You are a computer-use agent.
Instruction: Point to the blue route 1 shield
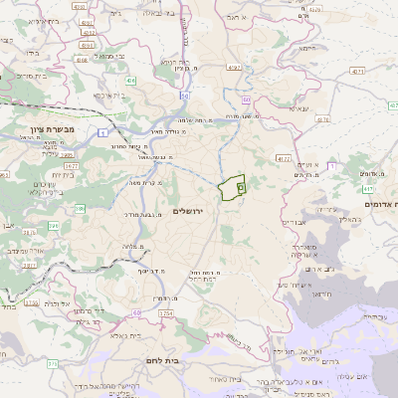102,132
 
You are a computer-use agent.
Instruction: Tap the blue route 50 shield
185,96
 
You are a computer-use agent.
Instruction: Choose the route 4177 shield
284,157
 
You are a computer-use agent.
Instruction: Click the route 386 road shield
52,228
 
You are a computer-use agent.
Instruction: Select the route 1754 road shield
165,313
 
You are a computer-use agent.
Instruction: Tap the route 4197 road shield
234,67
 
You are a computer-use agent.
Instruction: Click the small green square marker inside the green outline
241,186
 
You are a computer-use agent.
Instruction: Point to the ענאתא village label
298,107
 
